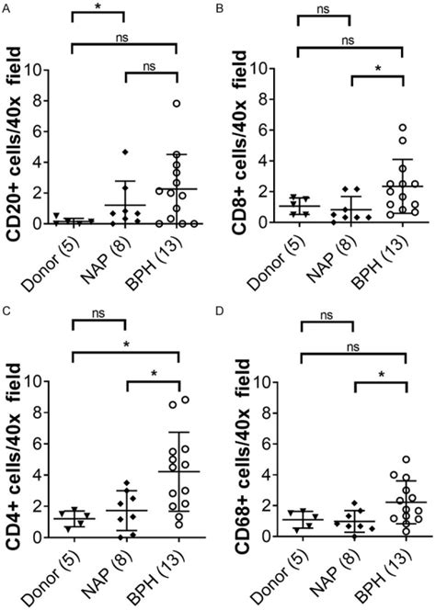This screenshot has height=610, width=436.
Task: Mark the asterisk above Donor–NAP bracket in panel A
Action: coord(97,8)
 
